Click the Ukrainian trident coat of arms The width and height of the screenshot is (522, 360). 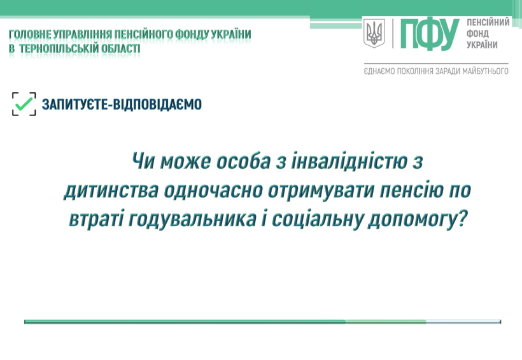point(374,33)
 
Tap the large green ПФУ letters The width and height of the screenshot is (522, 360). point(430,33)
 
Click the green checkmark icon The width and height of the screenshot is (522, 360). point(24,104)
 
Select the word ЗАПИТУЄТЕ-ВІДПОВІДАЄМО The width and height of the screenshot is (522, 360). point(122,104)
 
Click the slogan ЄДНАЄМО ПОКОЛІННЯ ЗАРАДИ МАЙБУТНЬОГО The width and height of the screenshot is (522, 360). point(436,71)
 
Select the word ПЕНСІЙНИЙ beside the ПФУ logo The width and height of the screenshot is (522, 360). point(488,22)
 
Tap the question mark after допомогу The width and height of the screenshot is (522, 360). point(461,219)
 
